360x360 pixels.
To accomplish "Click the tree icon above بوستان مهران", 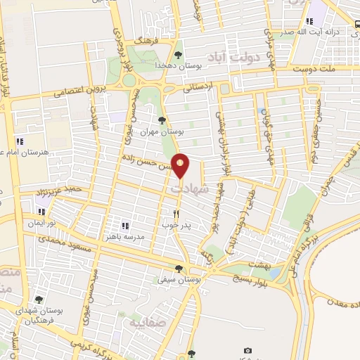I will tap(162, 120).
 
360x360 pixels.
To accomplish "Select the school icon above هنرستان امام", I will tap(30, 141).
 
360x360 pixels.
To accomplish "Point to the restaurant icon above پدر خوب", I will tap(176, 213).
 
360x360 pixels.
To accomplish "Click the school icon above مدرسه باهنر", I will tap(124, 226).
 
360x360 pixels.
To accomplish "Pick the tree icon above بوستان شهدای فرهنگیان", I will tap(39, 300).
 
